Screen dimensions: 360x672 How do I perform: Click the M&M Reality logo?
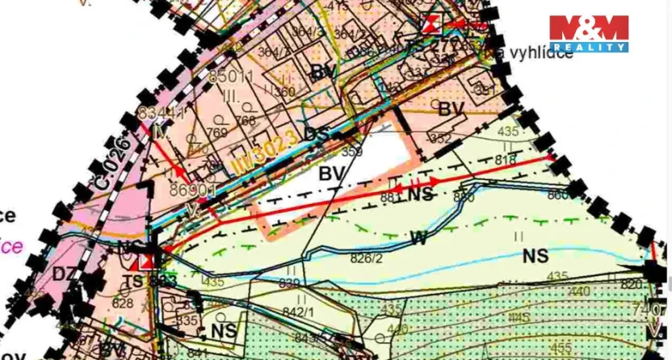tap(588, 33)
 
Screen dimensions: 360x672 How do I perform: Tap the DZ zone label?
tap(65, 274)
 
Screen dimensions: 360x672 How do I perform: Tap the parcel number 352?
tap(440, 139)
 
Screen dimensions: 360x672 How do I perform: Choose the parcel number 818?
tap(505, 161)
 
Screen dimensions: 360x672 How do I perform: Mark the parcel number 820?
tap(632, 285)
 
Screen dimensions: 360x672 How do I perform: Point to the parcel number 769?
tap(217, 132)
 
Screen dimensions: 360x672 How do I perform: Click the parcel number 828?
tap(123, 302)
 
